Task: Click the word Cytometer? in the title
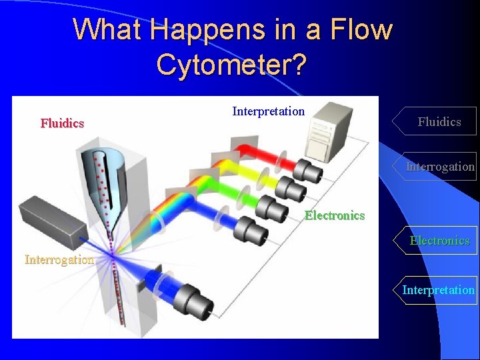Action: tap(231, 64)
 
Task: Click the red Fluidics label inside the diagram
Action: tap(62, 123)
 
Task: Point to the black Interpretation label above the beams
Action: tap(268, 111)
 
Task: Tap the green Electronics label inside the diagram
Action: tap(335, 215)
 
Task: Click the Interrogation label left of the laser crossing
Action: tap(59, 260)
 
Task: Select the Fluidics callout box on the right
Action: tap(437, 121)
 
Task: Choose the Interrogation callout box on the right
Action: tap(440, 167)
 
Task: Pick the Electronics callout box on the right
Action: tap(439, 241)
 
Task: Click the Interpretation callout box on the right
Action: tap(438, 290)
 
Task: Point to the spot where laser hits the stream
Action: tap(113, 254)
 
